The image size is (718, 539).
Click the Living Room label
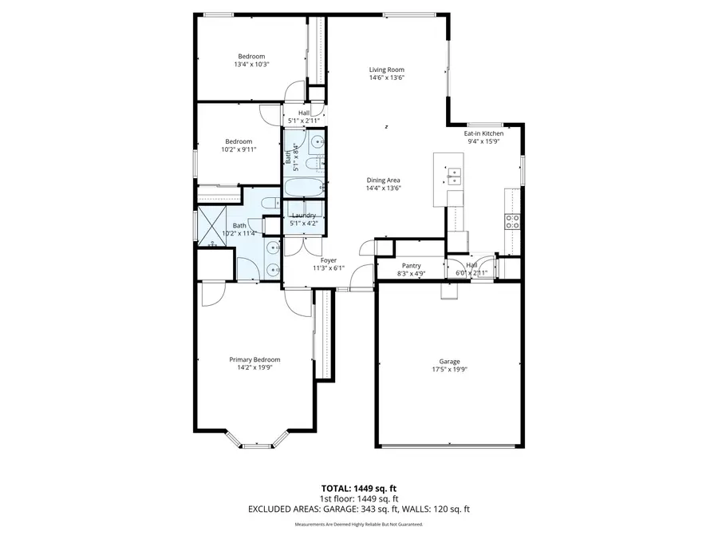tap(386, 69)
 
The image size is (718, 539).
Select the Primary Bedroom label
tap(254, 359)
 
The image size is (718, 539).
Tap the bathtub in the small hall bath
tap(304, 189)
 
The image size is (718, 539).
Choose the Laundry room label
tap(304, 216)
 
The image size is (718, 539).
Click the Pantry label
tap(411, 266)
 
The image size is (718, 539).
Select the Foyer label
tap(329, 260)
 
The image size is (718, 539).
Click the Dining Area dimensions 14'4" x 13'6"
tap(383, 188)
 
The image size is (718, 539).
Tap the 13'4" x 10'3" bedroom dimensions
tap(251, 65)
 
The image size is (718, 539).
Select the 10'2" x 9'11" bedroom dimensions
tap(238, 149)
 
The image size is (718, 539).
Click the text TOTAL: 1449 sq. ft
tap(358, 487)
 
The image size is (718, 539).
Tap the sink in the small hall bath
tap(317, 145)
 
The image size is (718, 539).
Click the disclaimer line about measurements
tap(358, 525)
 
